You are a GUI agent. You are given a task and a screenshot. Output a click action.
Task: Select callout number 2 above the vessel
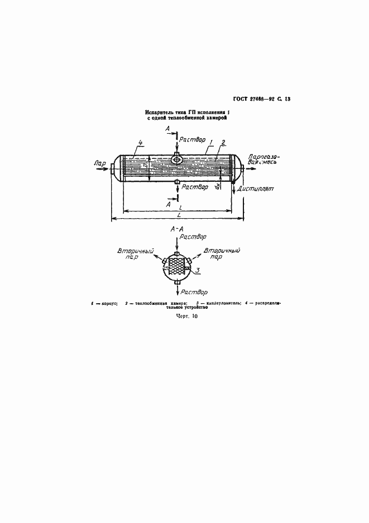[x=223, y=143]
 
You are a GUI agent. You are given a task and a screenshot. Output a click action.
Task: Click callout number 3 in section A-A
[x=197, y=270]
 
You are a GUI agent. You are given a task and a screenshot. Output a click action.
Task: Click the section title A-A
[x=178, y=229]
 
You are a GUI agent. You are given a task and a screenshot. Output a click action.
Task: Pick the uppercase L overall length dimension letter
[x=178, y=215]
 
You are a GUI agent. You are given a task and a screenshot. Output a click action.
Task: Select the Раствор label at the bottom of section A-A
[x=196, y=292]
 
